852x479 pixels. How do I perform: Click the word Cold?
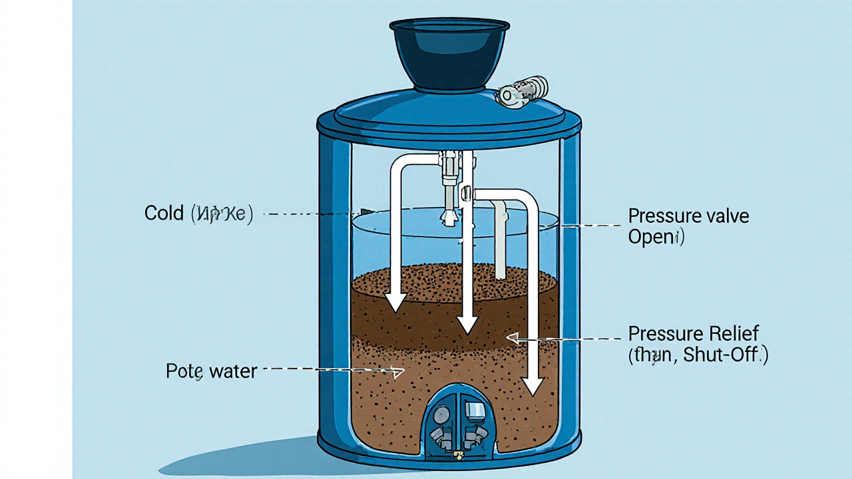click(x=164, y=214)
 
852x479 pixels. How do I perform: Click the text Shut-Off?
click(x=726, y=355)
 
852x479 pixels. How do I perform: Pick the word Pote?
click(x=184, y=371)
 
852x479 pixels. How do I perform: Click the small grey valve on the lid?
click(x=523, y=90)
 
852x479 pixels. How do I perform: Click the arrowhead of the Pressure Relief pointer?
click(x=511, y=338)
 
